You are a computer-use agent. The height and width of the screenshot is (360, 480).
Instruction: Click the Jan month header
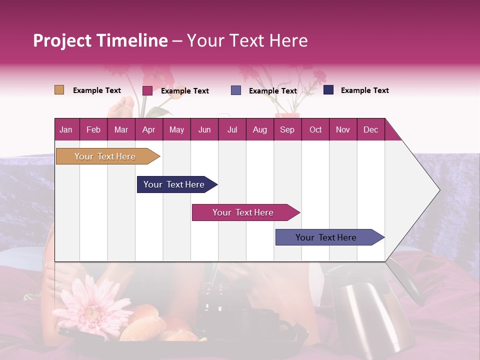pyautogui.click(x=66, y=129)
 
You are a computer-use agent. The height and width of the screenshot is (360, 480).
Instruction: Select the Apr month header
pyautogui.click(x=148, y=129)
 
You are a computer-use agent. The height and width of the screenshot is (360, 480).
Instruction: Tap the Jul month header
pyautogui.click(x=232, y=129)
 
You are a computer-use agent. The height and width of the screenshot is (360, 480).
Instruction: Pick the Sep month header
pyautogui.click(x=287, y=129)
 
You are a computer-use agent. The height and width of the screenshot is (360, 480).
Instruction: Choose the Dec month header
pyautogui.click(x=370, y=129)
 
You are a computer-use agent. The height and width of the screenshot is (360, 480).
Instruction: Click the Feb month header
pyautogui.click(x=93, y=129)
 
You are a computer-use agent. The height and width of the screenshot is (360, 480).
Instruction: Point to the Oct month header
pyautogui.click(x=315, y=129)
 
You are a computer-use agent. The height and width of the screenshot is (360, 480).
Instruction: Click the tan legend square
pyautogui.click(x=59, y=90)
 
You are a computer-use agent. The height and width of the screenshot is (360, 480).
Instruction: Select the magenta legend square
pyautogui.click(x=147, y=90)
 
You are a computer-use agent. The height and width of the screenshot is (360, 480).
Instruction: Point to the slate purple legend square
pyautogui.click(x=236, y=90)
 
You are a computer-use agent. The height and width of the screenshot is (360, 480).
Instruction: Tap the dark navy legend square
pyautogui.click(x=328, y=90)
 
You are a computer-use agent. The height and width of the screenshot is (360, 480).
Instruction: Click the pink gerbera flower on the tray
pyautogui.click(x=92, y=305)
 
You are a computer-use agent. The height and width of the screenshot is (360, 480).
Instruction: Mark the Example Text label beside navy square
pyautogui.click(x=364, y=90)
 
